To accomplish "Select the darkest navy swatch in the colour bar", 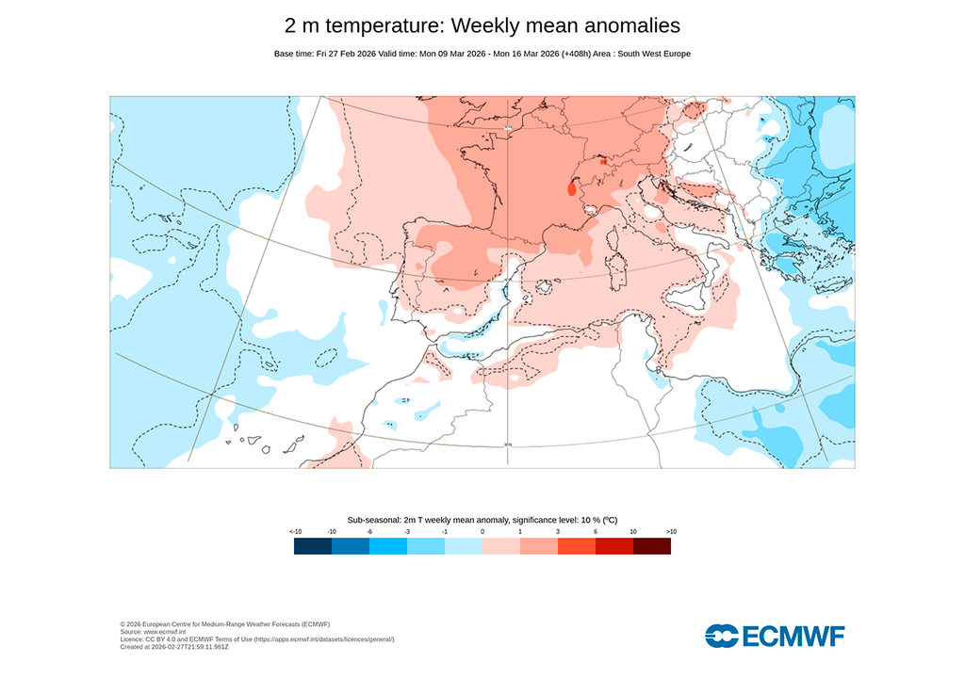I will (x=313, y=546).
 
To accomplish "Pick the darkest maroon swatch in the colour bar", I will (x=652, y=546).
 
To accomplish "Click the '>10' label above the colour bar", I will (x=671, y=532).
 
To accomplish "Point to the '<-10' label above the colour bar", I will (x=295, y=532).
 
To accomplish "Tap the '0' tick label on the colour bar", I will (x=482, y=532).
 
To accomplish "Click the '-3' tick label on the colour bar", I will (x=407, y=532).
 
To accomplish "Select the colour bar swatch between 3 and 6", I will (x=577, y=546).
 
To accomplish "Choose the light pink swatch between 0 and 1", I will (x=501, y=546).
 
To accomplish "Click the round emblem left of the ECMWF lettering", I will (x=722, y=637).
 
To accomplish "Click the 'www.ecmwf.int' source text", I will (x=166, y=632).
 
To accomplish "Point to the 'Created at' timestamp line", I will (x=174, y=647).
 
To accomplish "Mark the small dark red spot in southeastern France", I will (x=572, y=188).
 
